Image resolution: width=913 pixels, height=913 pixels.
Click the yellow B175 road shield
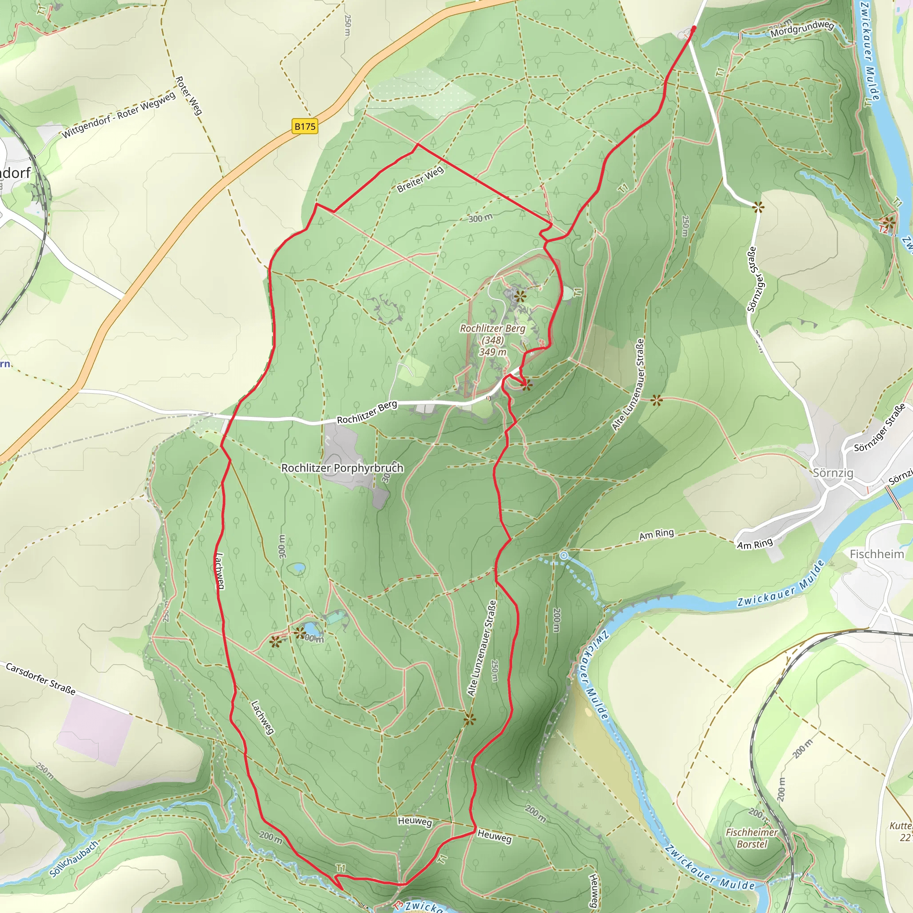click(x=305, y=127)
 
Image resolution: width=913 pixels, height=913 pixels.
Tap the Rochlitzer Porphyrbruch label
click(x=342, y=468)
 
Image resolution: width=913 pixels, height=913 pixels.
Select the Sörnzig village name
click(x=833, y=473)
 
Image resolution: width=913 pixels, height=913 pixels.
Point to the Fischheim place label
click(x=876, y=554)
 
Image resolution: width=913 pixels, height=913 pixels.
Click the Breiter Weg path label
click(x=420, y=179)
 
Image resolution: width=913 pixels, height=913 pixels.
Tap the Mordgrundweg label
click(x=802, y=29)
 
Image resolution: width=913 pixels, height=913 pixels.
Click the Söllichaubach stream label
click(x=74, y=859)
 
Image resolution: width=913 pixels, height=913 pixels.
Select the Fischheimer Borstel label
click(x=751, y=838)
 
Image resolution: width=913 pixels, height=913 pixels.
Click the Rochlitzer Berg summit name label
click(x=493, y=329)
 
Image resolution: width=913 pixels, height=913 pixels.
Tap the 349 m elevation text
click(x=493, y=352)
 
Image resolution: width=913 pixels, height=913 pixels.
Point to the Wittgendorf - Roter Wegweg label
click(x=119, y=115)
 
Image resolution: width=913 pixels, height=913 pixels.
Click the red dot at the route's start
click(x=693, y=29)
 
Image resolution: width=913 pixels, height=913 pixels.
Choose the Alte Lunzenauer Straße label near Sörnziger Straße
click(x=628, y=385)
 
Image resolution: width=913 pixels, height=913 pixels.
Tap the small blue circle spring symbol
click(x=564, y=556)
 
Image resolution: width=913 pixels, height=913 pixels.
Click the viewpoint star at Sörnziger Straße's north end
click(x=758, y=207)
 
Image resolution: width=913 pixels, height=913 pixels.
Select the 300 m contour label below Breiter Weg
click(x=480, y=218)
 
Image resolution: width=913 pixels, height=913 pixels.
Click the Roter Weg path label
click(x=189, y=95)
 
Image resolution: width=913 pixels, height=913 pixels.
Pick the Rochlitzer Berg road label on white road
click(x=367, y=412)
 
